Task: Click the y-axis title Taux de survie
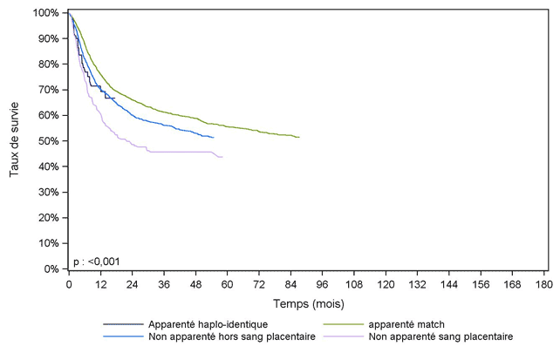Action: [15, 140]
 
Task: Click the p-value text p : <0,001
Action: [99, 260]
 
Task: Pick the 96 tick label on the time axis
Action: [323, 284]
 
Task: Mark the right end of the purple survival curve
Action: [222, 157]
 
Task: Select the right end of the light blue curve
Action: [214, 137]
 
